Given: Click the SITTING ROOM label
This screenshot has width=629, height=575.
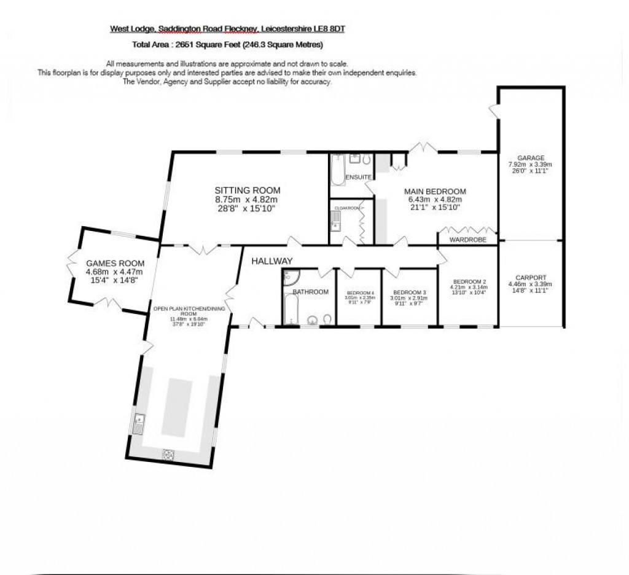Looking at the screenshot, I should [x=247, y=190].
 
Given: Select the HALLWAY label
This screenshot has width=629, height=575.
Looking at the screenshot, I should [x=272, y=261].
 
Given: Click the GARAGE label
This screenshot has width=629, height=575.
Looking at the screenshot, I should [x=530, y=158].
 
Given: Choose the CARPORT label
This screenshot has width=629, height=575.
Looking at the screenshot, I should [x=530, y=277].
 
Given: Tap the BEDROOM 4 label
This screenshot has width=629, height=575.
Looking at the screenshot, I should [x=359, y=292].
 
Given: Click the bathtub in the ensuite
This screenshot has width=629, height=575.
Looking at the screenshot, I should [x=338, y=170].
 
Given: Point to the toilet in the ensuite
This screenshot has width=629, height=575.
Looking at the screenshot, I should [x=366, y=161].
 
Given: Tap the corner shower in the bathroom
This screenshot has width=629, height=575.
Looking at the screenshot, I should [x=289, y=278].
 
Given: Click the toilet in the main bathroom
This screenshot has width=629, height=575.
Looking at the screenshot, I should [x=327, y=319].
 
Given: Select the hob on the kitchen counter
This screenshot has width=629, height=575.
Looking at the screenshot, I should [x=168, y=455].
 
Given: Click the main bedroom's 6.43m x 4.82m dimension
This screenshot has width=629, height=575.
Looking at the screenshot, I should [x=434, y=200].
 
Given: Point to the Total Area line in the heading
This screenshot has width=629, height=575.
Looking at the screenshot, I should [x=227, y=45].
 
